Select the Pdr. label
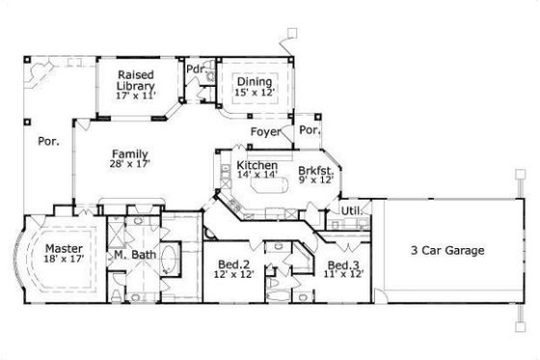(194, 69)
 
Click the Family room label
(128, 153)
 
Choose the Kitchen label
(256, 166)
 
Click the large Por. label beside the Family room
(48, 141)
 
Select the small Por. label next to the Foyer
(310, 130)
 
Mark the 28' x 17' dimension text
(128, 165)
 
